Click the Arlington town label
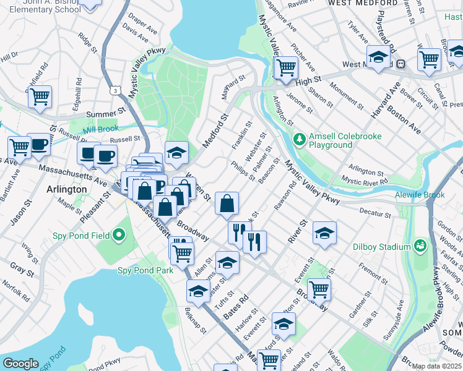(66, 189)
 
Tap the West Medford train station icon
(400, 64)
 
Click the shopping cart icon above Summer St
(40, 96)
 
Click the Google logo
(20, 363)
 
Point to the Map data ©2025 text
(436, 366)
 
